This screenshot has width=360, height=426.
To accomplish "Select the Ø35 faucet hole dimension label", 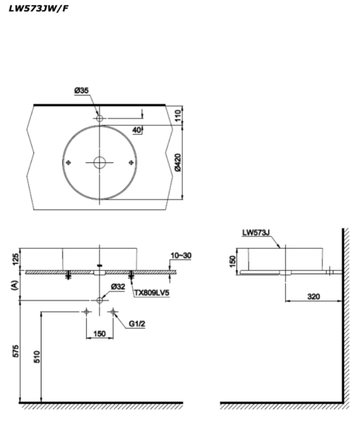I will [x=83, y=90].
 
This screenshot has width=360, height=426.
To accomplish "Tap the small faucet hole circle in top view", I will [x=100, y=117].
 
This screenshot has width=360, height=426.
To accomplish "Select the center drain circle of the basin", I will [x=100, y=163].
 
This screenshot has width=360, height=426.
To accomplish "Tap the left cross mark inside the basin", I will [x=68, y=163].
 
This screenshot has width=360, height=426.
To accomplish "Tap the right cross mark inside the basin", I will [x=131, y=163].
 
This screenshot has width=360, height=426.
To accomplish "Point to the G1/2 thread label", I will [x=137, y=324].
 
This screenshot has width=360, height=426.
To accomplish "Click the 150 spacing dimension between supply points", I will [x=99, y=334].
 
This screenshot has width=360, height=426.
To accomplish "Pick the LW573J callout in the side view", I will [x=256, y=231].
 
